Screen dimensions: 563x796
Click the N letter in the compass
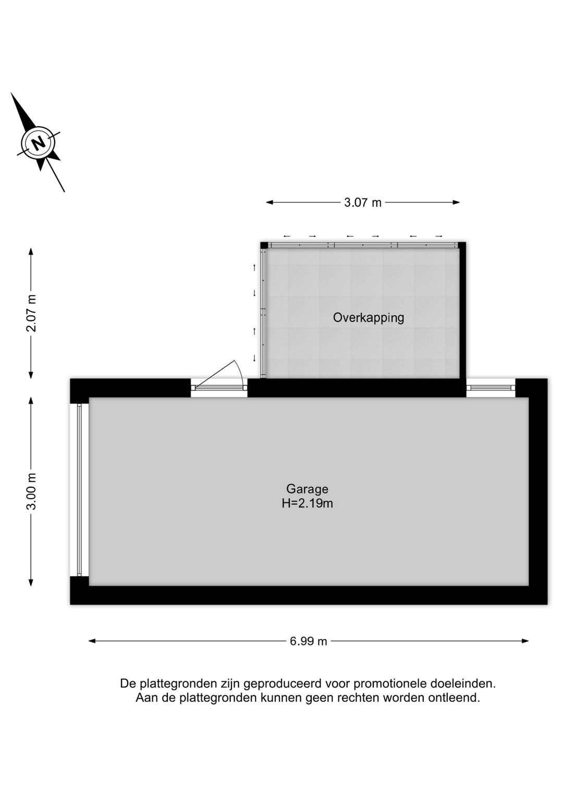[39, 143]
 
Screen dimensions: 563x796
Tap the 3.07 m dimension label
[363, 202]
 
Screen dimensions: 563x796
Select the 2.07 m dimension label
[32, 313]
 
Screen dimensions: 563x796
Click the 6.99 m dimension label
[308, 642]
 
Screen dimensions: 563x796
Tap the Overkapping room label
[369, 318]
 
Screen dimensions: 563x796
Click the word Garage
[307, 489]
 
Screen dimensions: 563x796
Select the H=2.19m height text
[307, 503]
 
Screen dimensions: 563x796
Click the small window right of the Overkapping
[491, 388]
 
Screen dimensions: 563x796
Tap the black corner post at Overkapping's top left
[264, 245]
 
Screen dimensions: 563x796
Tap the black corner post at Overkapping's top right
[462, 245]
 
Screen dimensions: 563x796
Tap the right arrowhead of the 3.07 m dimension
[457, 202]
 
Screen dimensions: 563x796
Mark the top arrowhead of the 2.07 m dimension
[31, 251]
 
